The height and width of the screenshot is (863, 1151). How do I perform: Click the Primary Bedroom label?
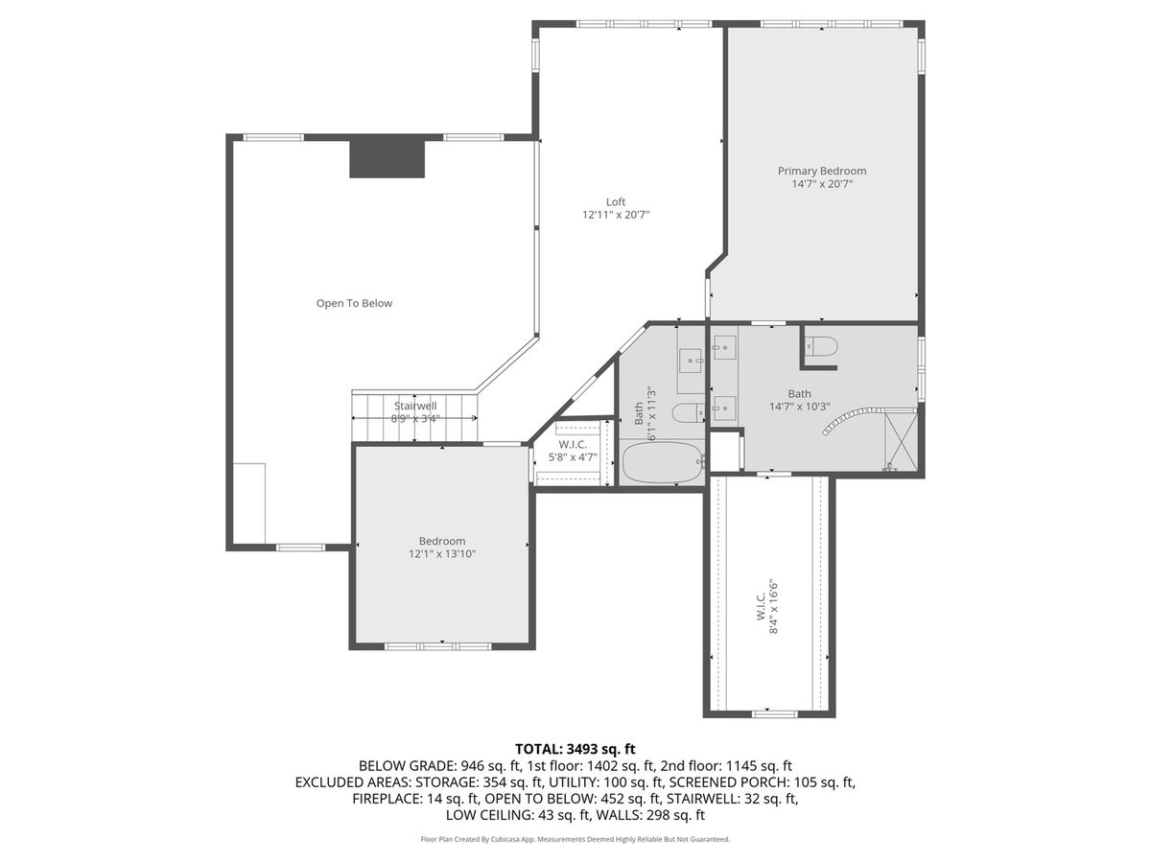[x=821, y=171]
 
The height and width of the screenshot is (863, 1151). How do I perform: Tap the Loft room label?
[x=616, y=201]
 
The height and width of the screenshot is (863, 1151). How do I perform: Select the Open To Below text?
[x=354, y=303]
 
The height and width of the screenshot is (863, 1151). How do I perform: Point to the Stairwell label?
[x=414, y=406]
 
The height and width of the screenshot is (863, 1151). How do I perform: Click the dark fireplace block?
[x=387, y=159]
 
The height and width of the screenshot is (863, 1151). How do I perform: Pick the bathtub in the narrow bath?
[x=663, y=463]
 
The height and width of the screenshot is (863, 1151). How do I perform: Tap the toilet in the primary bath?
[x=822, y=346]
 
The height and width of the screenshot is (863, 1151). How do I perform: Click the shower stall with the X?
[x=901, y=442]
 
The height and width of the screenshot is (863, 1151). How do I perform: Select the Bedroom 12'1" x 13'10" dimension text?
[x=442, y=554]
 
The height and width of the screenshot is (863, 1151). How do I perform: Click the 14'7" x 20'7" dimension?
[x=822, y=184]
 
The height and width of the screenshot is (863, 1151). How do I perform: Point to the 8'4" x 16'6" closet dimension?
[x=773, y=607]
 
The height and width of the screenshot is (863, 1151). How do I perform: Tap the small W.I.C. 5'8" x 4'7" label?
[x=573, y=451]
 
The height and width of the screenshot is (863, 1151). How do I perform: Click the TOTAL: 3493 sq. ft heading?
[x=575, y=749]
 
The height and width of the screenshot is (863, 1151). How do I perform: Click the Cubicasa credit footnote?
[x=575, y=839]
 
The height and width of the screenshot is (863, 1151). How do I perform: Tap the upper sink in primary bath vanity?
[x=724, y=347]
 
